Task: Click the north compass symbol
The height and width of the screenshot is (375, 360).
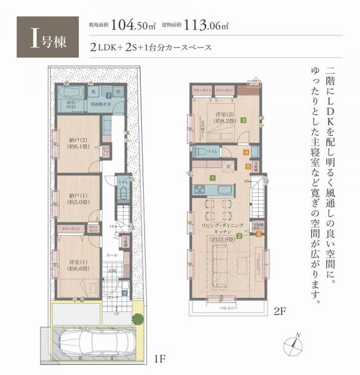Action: coord(296,344)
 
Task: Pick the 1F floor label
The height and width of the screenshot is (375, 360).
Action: coord(160,359)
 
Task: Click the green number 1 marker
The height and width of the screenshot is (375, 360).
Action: coord(212,177)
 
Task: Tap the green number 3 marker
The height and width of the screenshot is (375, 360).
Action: coord(243,121)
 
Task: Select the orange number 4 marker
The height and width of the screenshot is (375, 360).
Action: coord(246,152)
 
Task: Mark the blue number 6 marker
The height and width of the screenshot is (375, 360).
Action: coord(124,292)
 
